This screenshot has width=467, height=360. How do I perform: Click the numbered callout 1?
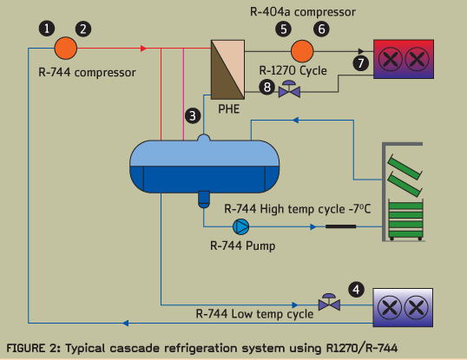(47, 29)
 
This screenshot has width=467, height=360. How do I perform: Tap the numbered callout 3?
(193, 115)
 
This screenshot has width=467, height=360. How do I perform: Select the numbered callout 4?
(356, 290)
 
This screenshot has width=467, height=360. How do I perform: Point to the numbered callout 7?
(361, 63)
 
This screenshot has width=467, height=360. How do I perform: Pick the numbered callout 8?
(266, 87)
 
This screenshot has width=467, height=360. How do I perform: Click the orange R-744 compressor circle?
(66, 49)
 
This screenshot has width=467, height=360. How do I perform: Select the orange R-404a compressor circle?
(302, 51)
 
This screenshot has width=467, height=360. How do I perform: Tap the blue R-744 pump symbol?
(241, 226)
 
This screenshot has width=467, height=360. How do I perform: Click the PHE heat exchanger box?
(227, 69)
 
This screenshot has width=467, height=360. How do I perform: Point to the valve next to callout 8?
(289, 89)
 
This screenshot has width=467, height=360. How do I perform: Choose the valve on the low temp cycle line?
(329, 302)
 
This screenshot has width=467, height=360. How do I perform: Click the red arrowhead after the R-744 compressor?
(143, 49)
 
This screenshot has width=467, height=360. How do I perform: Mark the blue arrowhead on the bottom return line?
(126, 323)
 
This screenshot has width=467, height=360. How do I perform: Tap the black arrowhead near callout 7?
(361, 51)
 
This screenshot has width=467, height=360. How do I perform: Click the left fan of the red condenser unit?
(390, 59)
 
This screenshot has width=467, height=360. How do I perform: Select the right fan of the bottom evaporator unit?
(417, 307)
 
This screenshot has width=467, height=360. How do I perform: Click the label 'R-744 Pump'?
(243, 246)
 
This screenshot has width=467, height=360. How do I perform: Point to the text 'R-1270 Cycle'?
(293, 70)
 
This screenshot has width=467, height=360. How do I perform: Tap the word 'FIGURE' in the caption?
(26, 348)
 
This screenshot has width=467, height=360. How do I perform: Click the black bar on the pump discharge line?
(341, 226)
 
